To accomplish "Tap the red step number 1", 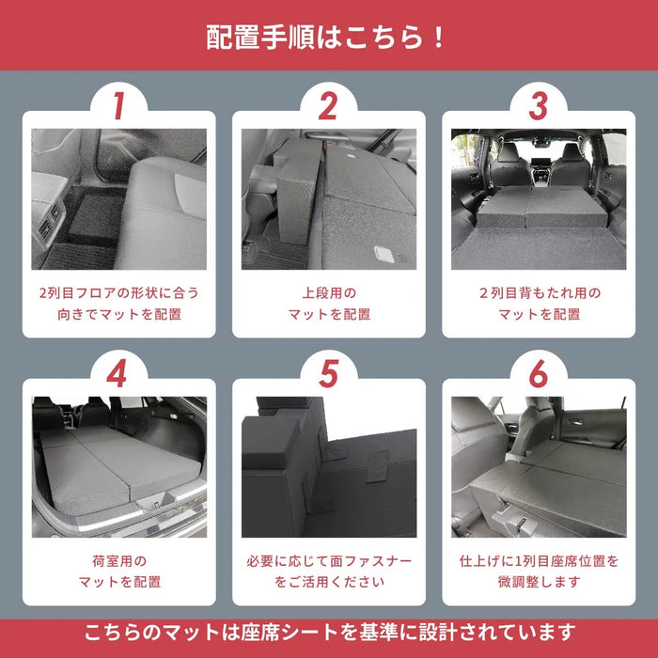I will coord(118,106).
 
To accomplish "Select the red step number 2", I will coord(328,106).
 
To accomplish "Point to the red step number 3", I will coord(538,106).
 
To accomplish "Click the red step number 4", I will coord(118,374).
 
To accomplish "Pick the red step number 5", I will coord(328,374).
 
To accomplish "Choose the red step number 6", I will coord(538,374).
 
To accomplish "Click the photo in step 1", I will coord(118,199).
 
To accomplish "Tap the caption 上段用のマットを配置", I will coord(328,304).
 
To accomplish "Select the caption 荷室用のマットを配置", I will coord(118,571).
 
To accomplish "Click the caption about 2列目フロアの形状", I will coord(118,304).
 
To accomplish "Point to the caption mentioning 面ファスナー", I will coord(328,571).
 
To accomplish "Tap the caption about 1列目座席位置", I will coord(538,571).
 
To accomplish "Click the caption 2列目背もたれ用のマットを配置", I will coord(538,304).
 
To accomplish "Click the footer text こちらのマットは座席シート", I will coord(328,631).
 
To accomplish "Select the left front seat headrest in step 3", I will coord(508,152).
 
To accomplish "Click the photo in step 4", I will coord(118,466).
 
